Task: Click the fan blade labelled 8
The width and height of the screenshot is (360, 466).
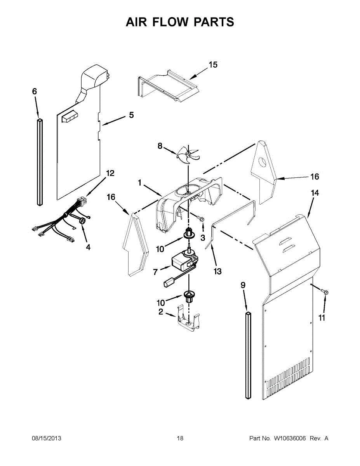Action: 187,155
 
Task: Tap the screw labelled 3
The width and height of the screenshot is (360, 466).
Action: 202,219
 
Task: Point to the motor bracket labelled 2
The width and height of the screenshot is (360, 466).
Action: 188,319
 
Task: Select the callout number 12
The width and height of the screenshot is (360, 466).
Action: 110,173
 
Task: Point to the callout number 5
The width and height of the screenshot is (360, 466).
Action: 131,115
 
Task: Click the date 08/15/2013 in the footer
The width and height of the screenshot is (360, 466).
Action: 46,438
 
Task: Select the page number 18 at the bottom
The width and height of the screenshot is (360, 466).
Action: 180,438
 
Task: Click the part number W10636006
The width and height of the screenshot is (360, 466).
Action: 290,438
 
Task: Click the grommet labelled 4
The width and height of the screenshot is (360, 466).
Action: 82,221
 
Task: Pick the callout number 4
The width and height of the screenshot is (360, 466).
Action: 88,247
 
